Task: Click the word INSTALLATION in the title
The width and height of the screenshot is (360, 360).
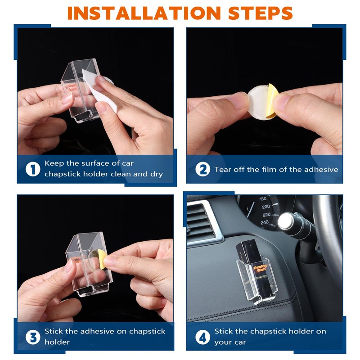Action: click(144, 13)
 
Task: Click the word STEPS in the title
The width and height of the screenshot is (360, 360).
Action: click(261, 13)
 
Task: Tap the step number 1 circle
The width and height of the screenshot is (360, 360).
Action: click(33, 170)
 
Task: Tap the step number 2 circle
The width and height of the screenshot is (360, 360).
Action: click(203, 170)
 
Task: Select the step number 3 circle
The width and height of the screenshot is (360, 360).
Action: click(33, 337)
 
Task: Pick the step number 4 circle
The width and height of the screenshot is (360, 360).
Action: click(203, 337)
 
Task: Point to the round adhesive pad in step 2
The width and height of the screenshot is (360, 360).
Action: click(260, 102)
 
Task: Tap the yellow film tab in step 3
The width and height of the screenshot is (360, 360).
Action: click(103, 259)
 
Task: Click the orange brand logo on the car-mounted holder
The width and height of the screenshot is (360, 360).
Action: click(260, 268)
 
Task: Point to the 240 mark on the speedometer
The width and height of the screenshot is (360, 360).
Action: click(265, 222)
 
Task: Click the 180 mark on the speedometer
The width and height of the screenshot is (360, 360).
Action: click(263, 198)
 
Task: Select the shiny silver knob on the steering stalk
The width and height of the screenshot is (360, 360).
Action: click(285, 221)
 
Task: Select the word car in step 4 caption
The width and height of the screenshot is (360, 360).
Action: click(239, 342)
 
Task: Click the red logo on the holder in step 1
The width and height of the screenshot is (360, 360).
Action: click(72, 88)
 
